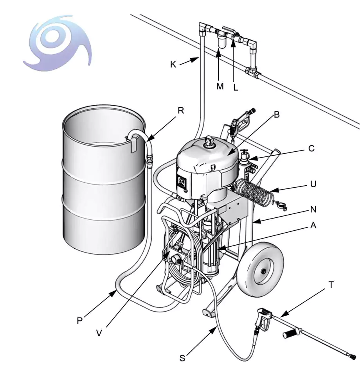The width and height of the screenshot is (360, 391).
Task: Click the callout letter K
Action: click(173, 64)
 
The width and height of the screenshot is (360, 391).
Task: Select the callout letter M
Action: click(220, 86)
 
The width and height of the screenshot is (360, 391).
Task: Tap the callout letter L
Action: click(236, 88)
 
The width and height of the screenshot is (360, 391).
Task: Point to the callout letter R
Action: click(180, 110)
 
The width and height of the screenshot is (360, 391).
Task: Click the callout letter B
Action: click(277, 115)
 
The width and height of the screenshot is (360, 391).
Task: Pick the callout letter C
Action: click(311, 149)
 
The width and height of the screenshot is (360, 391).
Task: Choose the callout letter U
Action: click(313, 184)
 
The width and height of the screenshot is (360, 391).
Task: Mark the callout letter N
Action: click(313, 210)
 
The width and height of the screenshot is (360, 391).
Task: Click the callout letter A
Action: click(313, 226)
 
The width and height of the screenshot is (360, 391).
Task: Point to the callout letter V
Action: click(99, 333)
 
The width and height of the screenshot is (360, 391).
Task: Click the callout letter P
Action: click(80, 321)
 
